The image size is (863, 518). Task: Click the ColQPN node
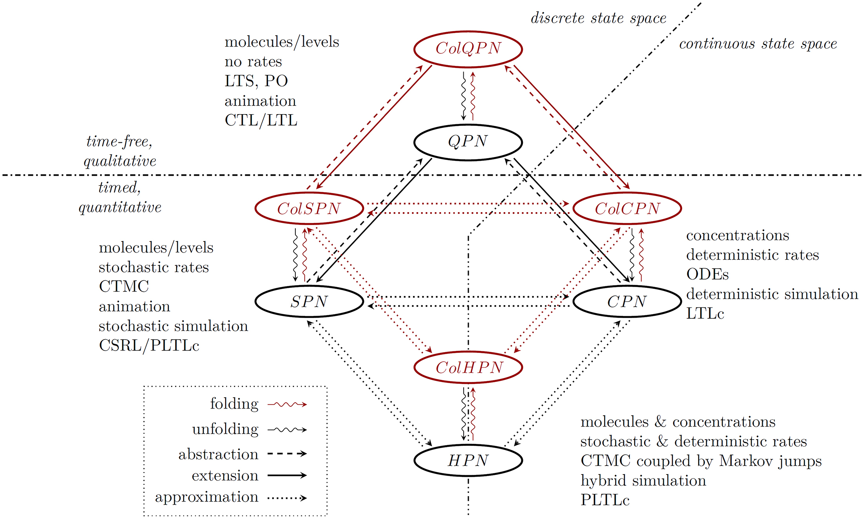pos(468,49)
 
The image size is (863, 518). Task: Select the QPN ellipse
pos(468,142)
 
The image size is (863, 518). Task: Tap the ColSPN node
pos(309,209)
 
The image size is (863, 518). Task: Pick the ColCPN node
pos(627,209)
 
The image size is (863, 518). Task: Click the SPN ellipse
pos(309,302)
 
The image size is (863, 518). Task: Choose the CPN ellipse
pos(627,302)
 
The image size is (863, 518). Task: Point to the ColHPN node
pos(468,367)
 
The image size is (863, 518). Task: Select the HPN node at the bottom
pos(468,460)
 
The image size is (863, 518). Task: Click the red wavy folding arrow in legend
pos(287,404)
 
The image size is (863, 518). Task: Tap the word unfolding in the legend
pos(225,429)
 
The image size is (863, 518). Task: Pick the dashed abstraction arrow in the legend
pos(287,454)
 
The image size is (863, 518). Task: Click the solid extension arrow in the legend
pos(287,475)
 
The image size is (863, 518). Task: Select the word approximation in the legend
pos(207,497)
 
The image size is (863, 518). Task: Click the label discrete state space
pos(598,18)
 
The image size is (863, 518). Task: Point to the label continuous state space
pos(758,44)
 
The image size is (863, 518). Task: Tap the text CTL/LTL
pos(261,120)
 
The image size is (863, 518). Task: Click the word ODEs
pos(707,274)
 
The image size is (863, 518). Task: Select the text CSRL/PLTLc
pos(149,346)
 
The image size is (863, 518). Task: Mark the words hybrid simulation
pos(643,481)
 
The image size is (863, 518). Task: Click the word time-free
pos(119,142)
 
